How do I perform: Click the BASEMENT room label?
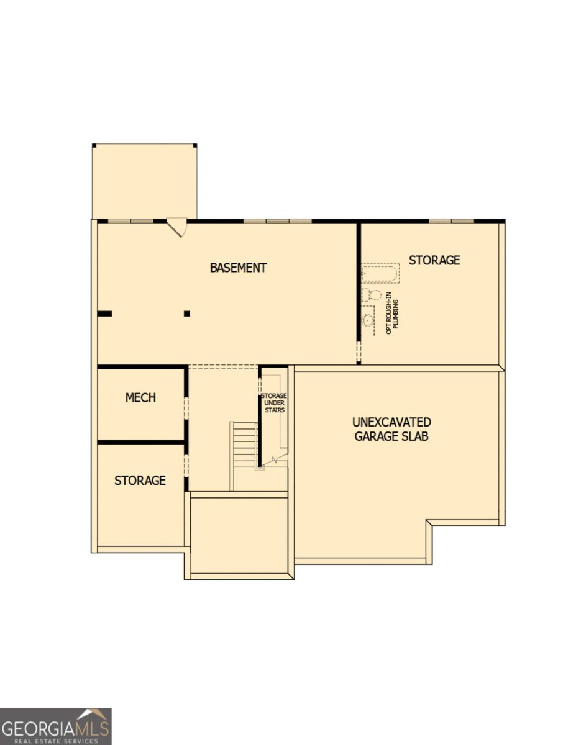click(238, 268)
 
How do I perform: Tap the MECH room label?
click(140, 398)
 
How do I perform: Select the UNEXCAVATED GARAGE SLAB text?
click(391, 429)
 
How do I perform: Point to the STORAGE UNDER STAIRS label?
click(274, 403)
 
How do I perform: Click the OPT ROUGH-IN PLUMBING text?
click(392, 317)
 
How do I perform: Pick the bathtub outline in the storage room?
click(380, 273)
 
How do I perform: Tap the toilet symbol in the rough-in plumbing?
click(372, 295)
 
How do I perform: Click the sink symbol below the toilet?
click(368, 320)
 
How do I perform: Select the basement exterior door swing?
click(176, 228)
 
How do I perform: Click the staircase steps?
click(244, 445)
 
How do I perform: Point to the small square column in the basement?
click(187, 314)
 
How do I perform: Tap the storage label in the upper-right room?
click(434, 260)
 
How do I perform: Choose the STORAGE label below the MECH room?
click(140, 481)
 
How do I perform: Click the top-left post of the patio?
click(94, 145)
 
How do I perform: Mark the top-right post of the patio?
click(195, 145)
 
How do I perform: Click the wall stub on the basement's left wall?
click(104, 314)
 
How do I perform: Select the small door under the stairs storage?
click(280, 460)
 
